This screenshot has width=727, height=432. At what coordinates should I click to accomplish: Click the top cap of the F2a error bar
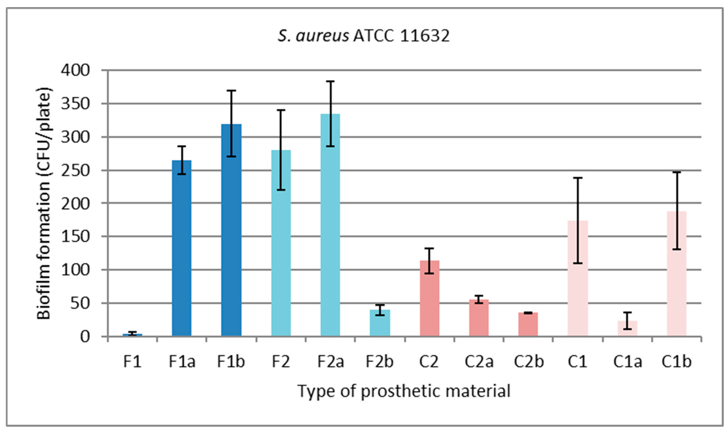click(x=330, y=81)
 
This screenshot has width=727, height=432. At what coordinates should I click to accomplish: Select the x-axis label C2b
click(x=529, y=361)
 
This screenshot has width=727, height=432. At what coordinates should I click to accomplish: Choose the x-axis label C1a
click(x=627, y=361)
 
